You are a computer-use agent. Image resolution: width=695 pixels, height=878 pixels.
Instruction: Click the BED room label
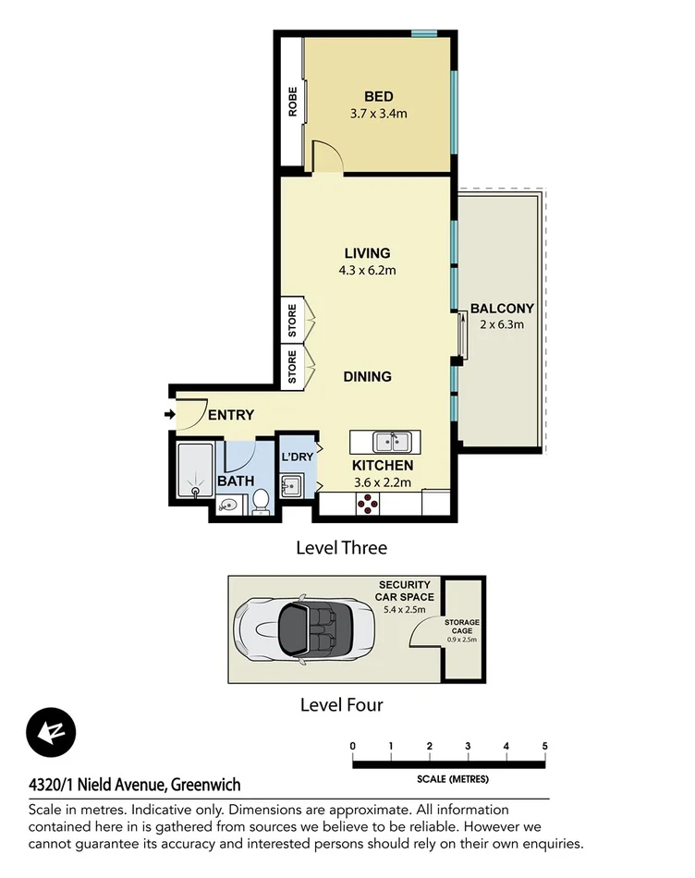pyautogui.click(x=378, y=97)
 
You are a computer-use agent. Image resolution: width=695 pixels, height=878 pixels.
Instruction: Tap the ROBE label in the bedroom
pyautogui.click(x=293, y=102)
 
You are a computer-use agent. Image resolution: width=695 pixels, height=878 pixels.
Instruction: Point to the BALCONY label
pyautogui.click(x=502, y=308)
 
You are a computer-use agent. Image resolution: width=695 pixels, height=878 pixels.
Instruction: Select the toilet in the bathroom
pyautogui.click(x=261, y=501)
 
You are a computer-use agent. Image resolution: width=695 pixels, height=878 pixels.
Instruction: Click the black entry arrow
pyautogui.click(x=170, y=415)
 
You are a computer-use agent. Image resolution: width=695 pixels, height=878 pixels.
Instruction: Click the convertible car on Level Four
pyautogui.click(x=297, y=629)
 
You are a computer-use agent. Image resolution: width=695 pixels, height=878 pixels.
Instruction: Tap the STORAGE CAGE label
pyautogui.click(x=462, y=627)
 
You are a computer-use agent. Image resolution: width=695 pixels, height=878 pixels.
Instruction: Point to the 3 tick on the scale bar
pyautogui.click(x=468, y=746)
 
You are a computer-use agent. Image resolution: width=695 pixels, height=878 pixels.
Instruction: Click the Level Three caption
pyautogui.click(x=341, y=547)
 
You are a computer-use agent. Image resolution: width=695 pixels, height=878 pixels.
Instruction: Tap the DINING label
pyautogui.click(x=367, y=376)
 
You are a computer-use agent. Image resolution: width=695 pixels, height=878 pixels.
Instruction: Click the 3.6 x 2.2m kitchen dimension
pyautogui.click(x=382, y=482)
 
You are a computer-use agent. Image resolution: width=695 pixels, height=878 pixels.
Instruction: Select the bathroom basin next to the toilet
pyautogui.click(x=227, y=506)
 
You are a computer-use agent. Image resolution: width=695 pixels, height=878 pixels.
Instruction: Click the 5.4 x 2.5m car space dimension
pyautogui.click(x=404, y=608)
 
